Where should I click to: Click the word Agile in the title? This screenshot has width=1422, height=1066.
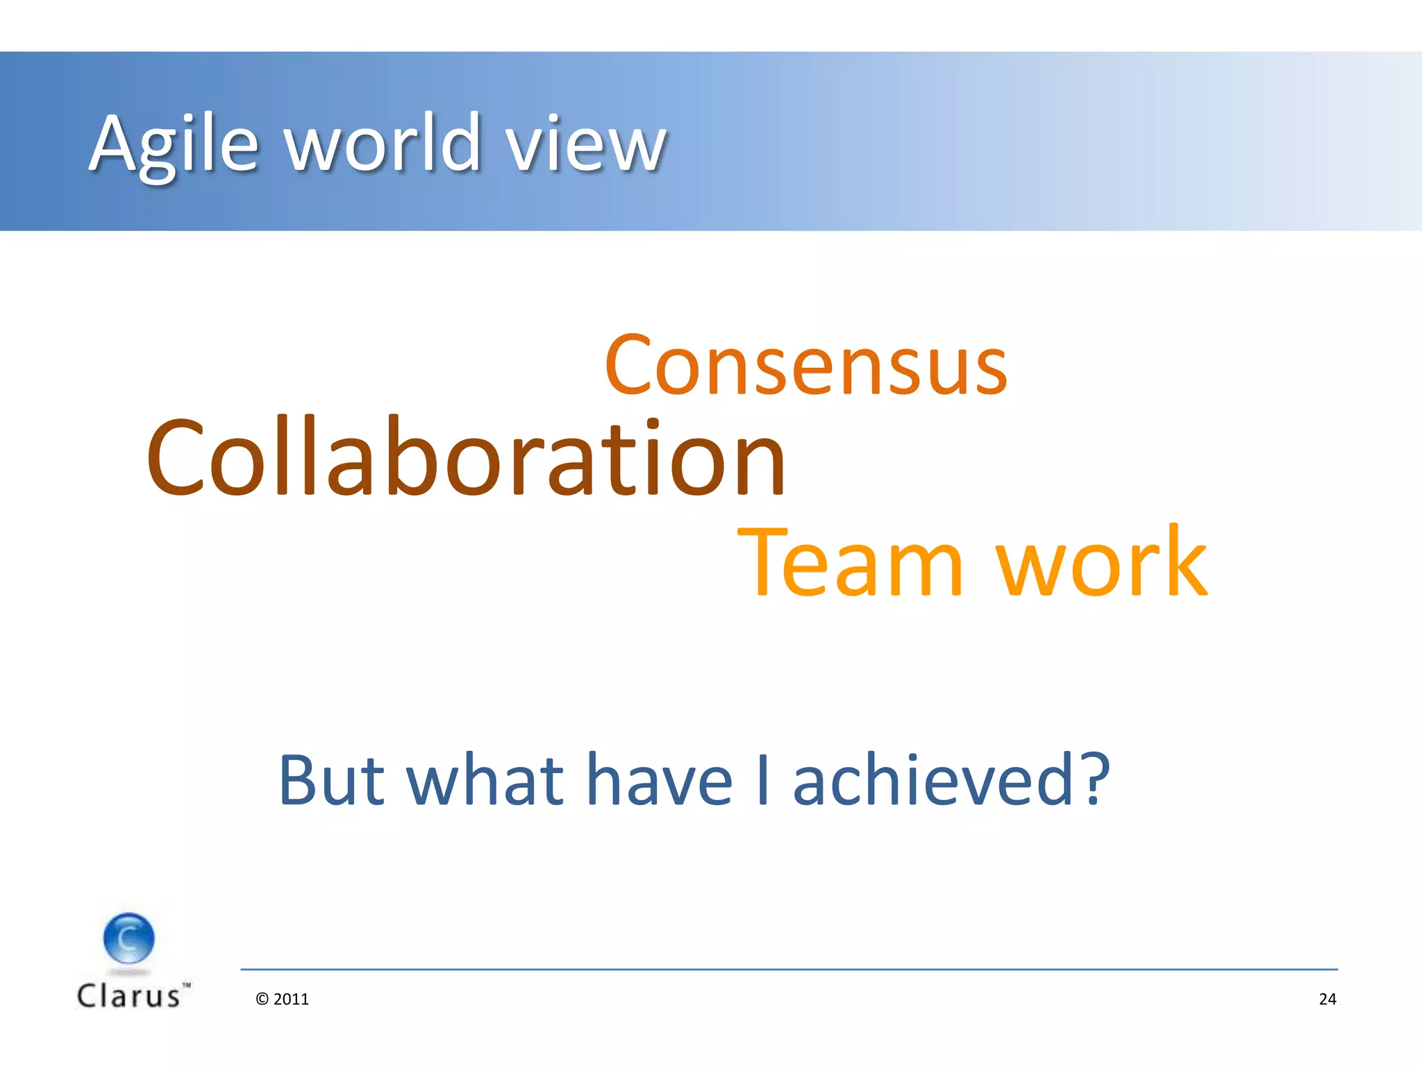click(174, 144)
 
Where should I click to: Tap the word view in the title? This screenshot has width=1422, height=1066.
click(585, 144)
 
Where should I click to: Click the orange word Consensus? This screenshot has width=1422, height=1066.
click(806, 366)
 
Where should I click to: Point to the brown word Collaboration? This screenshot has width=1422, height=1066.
click(466, 458)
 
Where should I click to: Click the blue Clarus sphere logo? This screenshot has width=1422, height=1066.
click(129, 938)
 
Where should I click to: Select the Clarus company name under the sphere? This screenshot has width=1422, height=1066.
click(129, 997)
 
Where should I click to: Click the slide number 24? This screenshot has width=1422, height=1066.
click(1328, 999)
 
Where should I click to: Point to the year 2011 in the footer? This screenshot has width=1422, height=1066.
click(292, 999)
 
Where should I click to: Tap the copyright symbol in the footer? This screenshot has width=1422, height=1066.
click(262, 999)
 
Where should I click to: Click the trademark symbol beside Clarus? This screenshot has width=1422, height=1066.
click(186, 985)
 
